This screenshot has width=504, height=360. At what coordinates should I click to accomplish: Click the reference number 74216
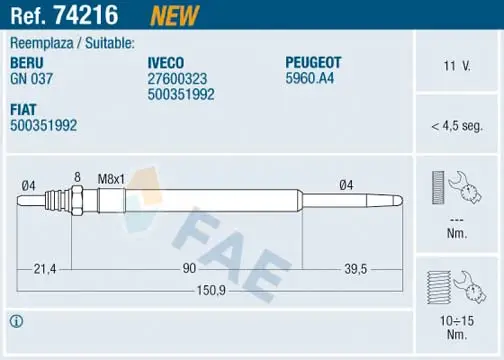coord(86,15)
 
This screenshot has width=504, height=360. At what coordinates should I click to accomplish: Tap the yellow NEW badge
coord(175,16)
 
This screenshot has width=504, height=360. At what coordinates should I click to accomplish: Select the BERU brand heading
coord(27,63)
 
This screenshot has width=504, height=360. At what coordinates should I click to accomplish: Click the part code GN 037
coord(31,79)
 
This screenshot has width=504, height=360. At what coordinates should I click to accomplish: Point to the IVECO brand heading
coord(166,63)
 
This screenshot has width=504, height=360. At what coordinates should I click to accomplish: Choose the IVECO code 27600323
coord(177,79)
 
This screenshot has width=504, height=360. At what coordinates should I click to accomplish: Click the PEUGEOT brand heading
coord(313,62)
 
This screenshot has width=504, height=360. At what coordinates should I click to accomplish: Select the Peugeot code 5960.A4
coord(309,78)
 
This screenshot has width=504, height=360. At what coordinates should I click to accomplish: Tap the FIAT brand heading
coord(23,110)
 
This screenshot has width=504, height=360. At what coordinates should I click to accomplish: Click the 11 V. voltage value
coord(457,66)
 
